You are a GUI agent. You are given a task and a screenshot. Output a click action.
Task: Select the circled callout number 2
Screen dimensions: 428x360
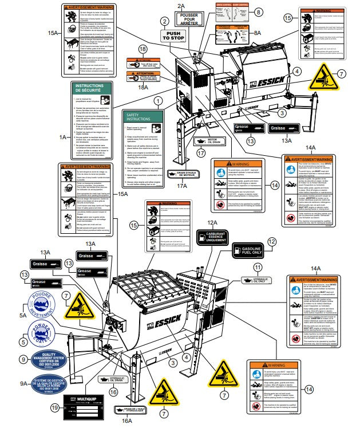point(165,21)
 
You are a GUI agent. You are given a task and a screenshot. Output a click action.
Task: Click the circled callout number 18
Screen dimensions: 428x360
point(142,50)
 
